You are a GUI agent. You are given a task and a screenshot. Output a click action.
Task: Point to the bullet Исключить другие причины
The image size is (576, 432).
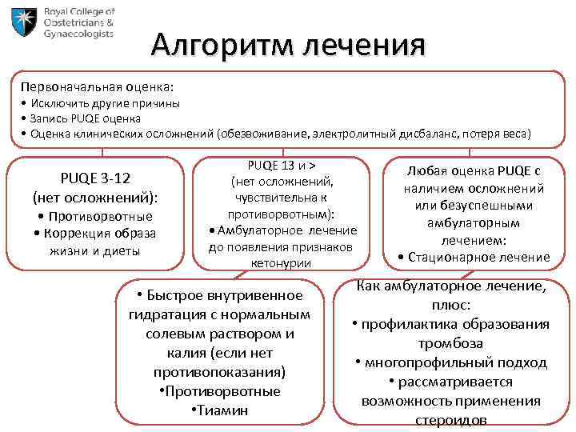coord(105,103)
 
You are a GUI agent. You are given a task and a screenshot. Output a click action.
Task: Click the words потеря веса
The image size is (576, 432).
coord(497,133)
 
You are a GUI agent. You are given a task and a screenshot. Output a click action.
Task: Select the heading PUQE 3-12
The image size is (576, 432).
coord(95,178)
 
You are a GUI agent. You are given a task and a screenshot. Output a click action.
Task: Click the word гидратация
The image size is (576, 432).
coord(164,314)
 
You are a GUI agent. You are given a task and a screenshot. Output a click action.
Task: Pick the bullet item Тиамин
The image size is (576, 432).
coord(220,410)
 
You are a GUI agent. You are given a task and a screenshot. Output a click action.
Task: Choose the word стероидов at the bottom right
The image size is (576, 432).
coord(450,420)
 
